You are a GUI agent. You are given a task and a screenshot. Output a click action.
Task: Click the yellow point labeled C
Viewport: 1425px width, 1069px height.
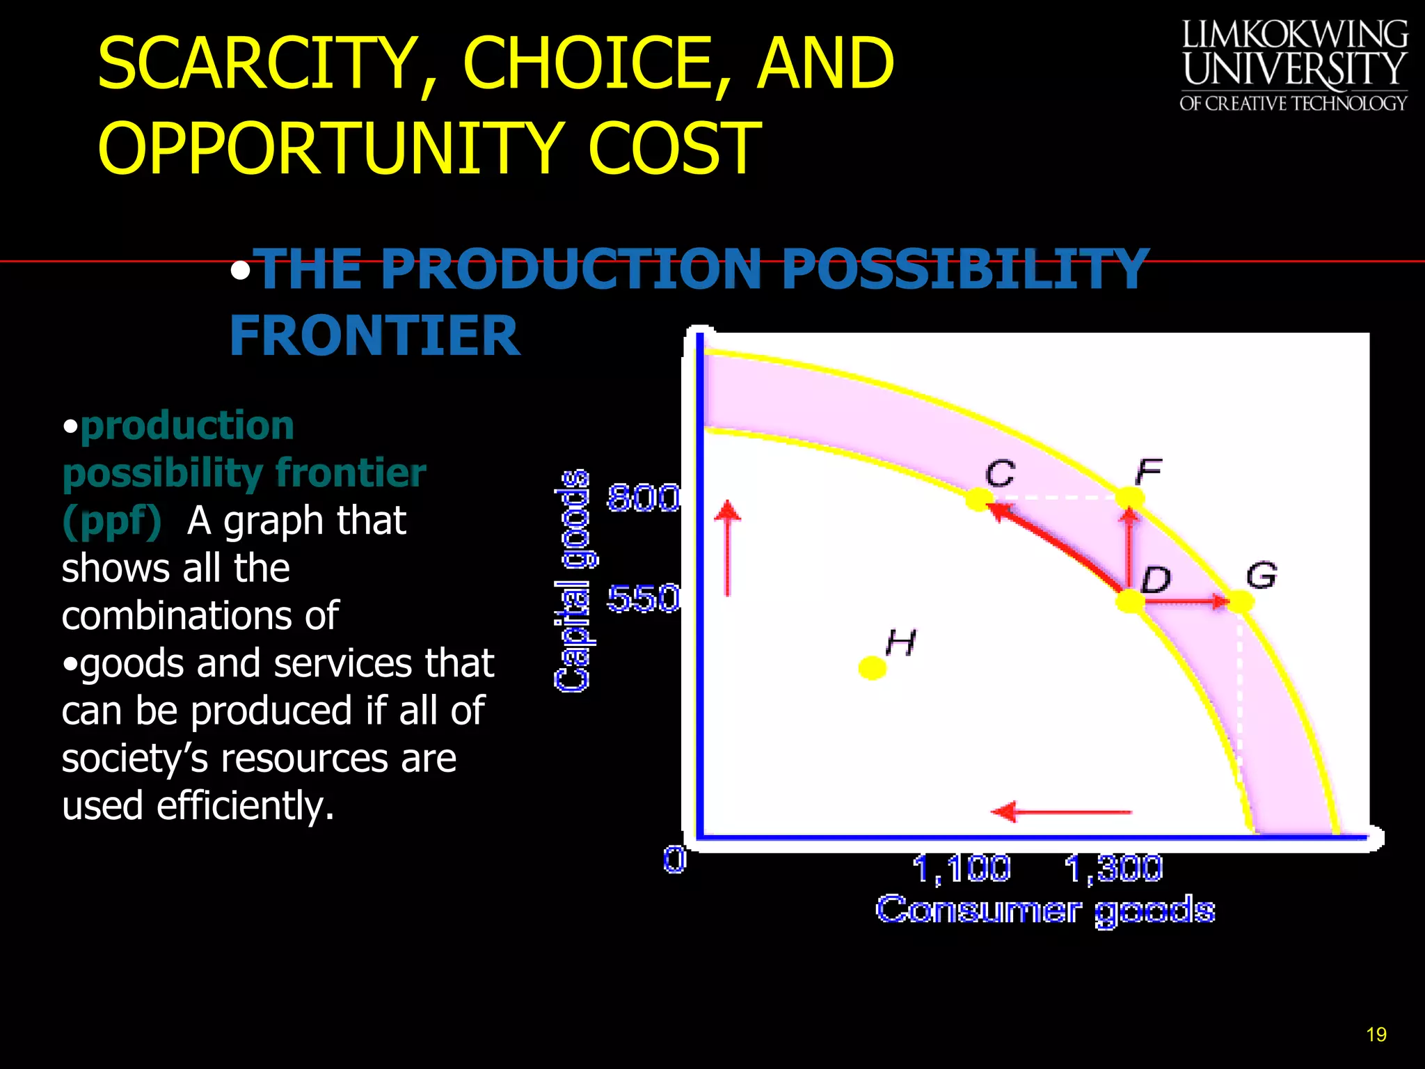pos(979,499)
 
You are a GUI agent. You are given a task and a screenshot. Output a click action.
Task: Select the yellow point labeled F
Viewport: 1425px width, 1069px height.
pos(1129,498)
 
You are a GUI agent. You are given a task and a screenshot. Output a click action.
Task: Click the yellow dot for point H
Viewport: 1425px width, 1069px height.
pos(872,668)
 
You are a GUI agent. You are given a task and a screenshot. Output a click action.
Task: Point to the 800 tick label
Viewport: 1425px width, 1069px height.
pos(643,498)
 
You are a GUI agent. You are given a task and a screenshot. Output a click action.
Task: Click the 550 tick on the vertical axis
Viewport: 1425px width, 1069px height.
pos(643,599)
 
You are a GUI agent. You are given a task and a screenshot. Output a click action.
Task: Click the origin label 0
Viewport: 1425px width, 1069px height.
pos(674,860)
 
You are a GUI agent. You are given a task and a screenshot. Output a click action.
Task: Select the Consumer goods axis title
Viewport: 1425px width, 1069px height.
pos(1045,910)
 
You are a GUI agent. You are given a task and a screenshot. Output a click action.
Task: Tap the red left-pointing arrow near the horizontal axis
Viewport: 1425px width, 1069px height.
pos(1061,811)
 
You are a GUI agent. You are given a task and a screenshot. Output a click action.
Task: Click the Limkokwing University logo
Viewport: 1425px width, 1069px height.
pos(1293,66)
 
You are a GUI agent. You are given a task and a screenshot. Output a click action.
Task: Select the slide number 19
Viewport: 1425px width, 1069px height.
pos(1376,1035)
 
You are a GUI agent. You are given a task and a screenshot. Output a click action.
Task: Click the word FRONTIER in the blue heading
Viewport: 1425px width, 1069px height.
pos(374,336)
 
